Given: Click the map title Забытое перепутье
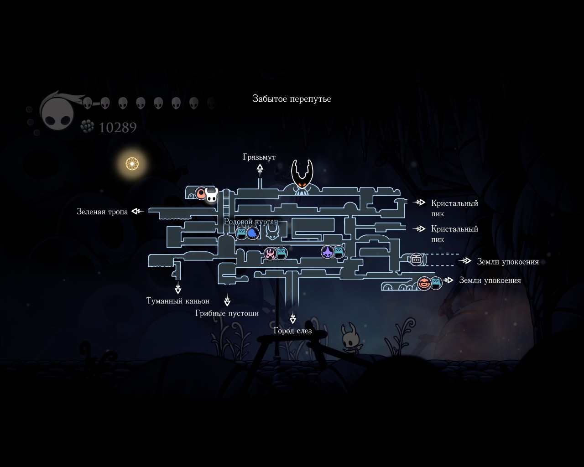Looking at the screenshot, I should coord(292,99).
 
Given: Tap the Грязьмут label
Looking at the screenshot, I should coord(259,157).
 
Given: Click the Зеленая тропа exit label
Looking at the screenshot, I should coord(102,212).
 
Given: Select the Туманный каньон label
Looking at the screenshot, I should coord(178,301).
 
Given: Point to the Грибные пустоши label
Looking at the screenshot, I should coord(227,313).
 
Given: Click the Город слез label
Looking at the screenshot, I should coord(292,331).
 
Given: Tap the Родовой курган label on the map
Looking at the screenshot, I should coord(250,222).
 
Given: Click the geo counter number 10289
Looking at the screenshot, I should coord(118,128).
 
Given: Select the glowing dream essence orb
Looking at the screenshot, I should coord(132,163).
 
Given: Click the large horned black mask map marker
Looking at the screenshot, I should coord(302,176).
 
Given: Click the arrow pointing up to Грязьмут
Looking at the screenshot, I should coord(260,170).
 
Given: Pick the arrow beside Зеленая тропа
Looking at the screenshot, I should coord(137,211).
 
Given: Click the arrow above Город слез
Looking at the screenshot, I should coord(292,318).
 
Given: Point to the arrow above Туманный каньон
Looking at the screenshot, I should coord(178,288).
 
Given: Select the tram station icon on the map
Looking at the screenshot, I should coord(416,259).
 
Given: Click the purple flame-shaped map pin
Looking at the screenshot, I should coord(327,252).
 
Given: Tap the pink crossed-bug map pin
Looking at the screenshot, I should coord(270,254).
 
